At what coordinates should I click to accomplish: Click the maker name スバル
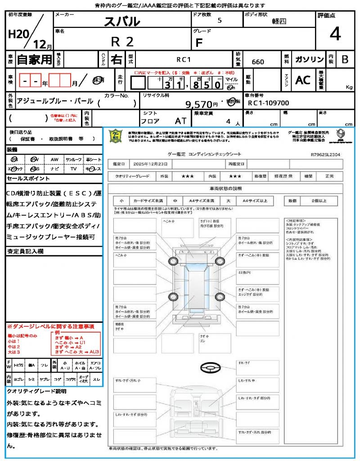[122, 21]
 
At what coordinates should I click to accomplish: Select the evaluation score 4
[335, 34]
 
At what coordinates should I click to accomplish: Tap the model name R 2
[122, 41]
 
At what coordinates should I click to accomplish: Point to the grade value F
[198, 43]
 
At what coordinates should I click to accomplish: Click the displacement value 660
[258, 62]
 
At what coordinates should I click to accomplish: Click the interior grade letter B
[345, 59]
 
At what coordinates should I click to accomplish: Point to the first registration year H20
[18, 34]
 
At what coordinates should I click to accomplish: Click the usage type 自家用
[34, 59]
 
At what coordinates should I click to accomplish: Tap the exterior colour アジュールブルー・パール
[54, 101]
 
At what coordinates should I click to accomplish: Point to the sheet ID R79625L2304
[325, 154]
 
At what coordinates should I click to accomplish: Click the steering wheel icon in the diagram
[209, 368]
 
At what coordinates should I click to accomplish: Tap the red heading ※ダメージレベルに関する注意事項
[50, 326]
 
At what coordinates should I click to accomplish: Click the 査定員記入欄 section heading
[26, 251]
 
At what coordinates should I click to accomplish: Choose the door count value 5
[219, 21]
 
